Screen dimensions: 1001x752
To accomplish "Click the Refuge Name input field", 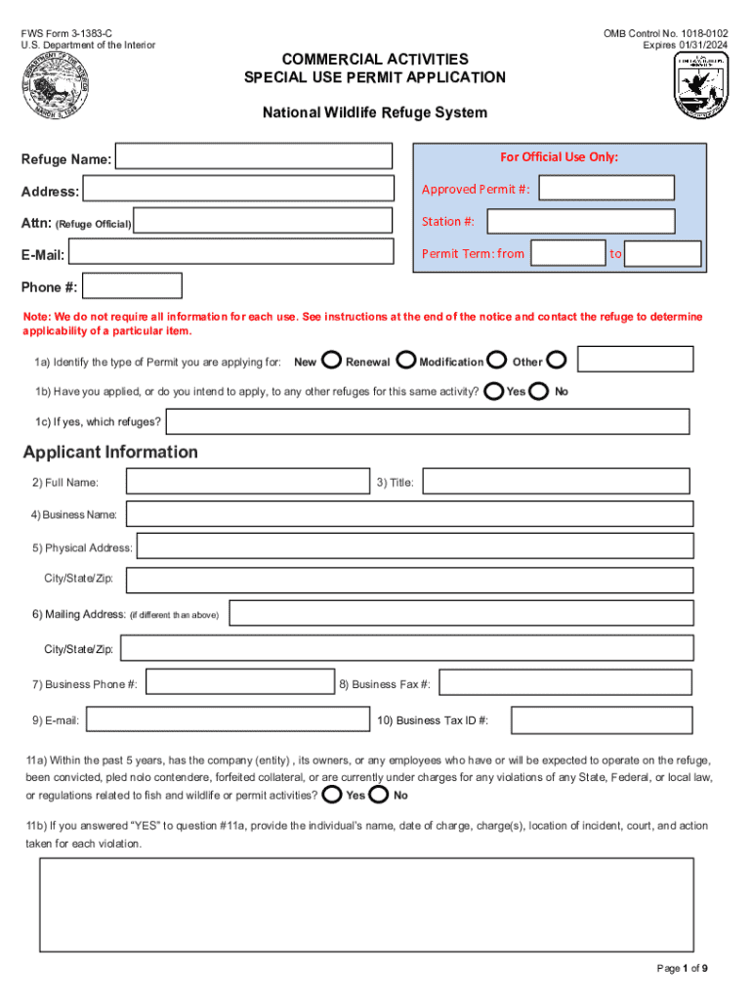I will [x=254, y=156].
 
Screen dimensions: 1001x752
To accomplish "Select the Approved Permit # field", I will [x=606, y=189].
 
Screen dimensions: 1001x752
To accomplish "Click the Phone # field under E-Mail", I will [x=133, y=286].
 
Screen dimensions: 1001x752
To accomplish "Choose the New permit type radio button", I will [x=330, y=361].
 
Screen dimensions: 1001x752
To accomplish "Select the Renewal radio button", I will [x=405, y=361].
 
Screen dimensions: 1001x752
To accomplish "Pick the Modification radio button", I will [x=496, y=361].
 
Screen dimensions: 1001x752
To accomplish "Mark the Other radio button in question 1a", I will [x=556, y=361].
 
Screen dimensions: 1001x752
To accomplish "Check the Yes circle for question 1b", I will [x=494, y=391].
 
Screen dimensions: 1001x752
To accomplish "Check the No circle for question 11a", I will [x=379, y=794].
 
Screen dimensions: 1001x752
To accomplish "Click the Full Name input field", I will [x=248, y=482].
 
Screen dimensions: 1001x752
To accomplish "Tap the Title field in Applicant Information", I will [x=556, y=482].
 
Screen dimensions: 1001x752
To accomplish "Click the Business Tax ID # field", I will [x=602, y=720].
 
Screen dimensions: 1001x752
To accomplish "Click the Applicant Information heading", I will [x=110, y=452].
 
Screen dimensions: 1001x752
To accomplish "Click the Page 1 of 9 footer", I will [x=682, y=968].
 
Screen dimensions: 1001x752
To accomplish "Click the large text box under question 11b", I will [x=366, y=904].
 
